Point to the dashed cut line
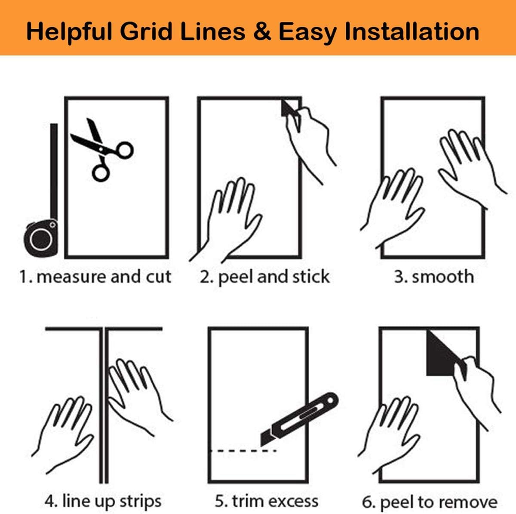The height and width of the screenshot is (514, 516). coord(243,451)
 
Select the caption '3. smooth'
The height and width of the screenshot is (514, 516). coord(434,277)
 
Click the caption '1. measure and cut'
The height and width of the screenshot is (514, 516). coord(95,277)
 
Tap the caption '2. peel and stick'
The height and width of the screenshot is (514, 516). coord(264,277)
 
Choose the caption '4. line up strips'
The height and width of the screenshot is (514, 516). coord(103,501)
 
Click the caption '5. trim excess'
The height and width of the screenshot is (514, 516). coord(267,501)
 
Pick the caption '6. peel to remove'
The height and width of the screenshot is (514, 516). coord(430,502)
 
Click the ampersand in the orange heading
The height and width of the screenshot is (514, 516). coord(262,31)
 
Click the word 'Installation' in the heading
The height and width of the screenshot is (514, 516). coord(412,31)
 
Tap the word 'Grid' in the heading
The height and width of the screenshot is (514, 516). coord(146,31)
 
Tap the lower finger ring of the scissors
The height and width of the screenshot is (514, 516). coord(101,173)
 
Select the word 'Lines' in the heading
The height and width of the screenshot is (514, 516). coord(213,31)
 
